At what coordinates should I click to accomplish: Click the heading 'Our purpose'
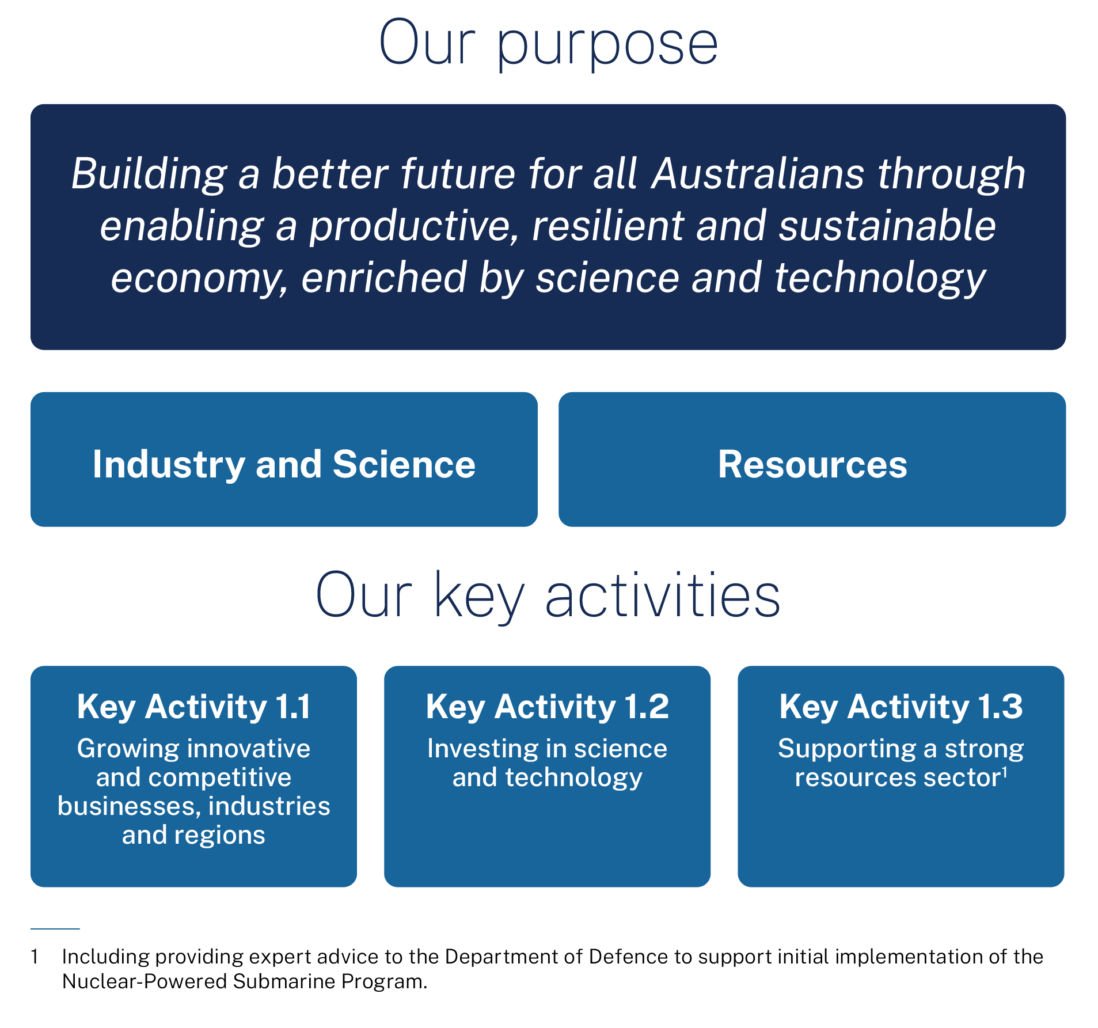548,43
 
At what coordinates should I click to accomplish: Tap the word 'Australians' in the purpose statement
758,173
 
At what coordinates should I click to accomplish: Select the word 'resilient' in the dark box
607,225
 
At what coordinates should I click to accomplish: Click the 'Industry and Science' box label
284,464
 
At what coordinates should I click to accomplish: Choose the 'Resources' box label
812,464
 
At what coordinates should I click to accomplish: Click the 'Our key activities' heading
548,596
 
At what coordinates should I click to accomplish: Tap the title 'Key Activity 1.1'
194,707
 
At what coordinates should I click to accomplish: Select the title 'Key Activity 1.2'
548,707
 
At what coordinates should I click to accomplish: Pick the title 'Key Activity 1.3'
901,707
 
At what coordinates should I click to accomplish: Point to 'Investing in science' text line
548,749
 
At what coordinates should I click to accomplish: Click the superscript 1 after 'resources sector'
1005,772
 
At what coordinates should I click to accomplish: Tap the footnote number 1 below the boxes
35,957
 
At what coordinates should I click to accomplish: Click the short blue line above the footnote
55,928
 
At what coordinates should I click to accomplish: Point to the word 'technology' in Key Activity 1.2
573,778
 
